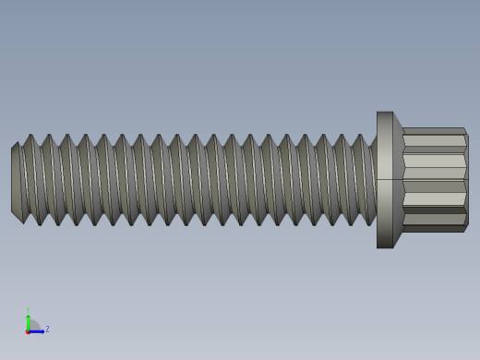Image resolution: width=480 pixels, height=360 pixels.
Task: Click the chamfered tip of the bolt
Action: [16, 181]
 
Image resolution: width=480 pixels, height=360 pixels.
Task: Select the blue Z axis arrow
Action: [38, 330]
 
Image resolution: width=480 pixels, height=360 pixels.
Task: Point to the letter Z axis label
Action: [47, 329]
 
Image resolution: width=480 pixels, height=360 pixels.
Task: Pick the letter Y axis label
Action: [28, 310]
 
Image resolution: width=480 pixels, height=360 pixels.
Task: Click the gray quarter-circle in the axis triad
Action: [32, 326]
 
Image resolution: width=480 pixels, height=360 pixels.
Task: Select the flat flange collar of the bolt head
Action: [385, 180]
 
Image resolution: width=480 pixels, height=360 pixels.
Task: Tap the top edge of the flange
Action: [385, 113]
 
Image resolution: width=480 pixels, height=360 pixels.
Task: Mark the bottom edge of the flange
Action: [385, 247]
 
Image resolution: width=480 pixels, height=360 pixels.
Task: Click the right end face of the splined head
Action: [466, 180]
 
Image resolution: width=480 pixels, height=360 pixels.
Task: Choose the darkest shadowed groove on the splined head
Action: [434, 210]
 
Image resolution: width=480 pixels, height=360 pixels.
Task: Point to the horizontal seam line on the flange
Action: [385, 179]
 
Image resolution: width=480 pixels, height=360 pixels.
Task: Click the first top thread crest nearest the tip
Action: [30, 137]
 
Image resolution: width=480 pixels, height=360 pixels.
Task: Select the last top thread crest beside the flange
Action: [360, 137]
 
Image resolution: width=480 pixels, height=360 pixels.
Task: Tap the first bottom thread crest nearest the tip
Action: [40, 223]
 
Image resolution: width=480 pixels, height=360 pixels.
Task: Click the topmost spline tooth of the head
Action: [433, 131]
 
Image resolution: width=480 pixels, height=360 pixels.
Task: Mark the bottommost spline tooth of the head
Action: [433, 228]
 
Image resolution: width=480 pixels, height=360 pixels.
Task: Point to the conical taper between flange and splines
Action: [398, 180]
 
